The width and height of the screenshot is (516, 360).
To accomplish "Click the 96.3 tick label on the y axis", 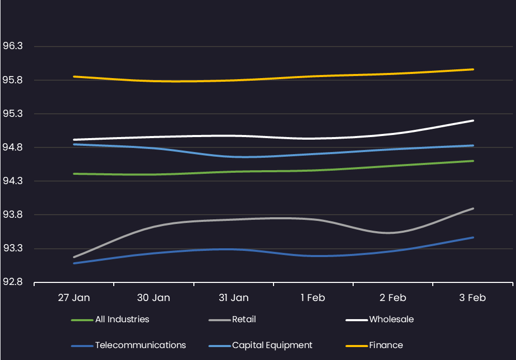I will [x=13, y=47].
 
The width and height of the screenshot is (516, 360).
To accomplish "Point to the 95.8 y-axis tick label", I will [x=13, y=80].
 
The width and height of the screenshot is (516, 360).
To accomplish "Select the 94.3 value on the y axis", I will [x=13, y=181].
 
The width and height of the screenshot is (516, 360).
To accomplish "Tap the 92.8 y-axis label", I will [x=13, y=282].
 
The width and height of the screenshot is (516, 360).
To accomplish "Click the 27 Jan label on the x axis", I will [x=74, y=298].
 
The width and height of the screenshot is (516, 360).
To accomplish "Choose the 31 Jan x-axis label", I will [x=233, y=298].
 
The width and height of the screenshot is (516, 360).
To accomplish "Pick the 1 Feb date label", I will [x=313, y=298].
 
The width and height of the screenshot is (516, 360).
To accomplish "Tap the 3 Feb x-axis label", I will [x=473, y=298].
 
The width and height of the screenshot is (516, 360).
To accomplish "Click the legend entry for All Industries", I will [x=122, y=320].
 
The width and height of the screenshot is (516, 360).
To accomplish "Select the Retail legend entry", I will [x=244, y=320].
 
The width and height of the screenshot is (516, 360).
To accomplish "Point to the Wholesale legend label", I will [x=391, y=320].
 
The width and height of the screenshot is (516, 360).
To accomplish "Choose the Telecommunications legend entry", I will [x=140, y=345].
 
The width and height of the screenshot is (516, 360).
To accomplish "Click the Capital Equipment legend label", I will [x=272, y=345].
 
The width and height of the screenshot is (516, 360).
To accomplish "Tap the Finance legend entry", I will [x=386, y=345].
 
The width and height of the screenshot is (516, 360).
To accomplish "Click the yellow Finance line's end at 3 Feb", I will [x=473, y=69].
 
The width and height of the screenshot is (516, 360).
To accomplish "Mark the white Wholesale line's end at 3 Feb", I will [x=473, y=121].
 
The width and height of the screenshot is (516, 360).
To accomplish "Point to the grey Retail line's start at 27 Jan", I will [x=74, y=257].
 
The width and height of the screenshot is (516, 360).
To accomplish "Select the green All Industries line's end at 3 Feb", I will [x=473, y=161].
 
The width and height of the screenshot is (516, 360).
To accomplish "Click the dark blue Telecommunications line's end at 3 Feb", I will [x=473, y=237].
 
